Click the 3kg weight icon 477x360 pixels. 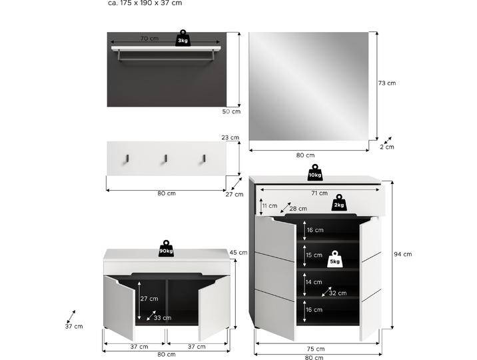coord(183,38)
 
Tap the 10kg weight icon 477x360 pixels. coord(315,173)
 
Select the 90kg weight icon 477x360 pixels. coord(166,249)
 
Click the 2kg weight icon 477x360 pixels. coord(340,203)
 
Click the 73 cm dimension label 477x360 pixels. coord(386,83)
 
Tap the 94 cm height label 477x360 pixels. coord(402,254)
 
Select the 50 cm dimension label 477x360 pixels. coord(231,111)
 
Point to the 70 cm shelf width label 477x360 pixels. coord(149,39)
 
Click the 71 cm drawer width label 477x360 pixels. coord(319,193)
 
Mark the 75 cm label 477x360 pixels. coord(316,349)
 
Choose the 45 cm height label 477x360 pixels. coord(238,253)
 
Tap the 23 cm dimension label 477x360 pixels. coord(230,138)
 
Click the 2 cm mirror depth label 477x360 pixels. coord(386,147)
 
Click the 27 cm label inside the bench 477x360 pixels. coord(149,299)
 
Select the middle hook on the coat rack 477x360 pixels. coord(165,159)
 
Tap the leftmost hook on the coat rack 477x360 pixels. coord(126,159)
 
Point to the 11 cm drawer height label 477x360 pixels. coord(269,206)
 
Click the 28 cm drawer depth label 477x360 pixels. coord(298,209)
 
